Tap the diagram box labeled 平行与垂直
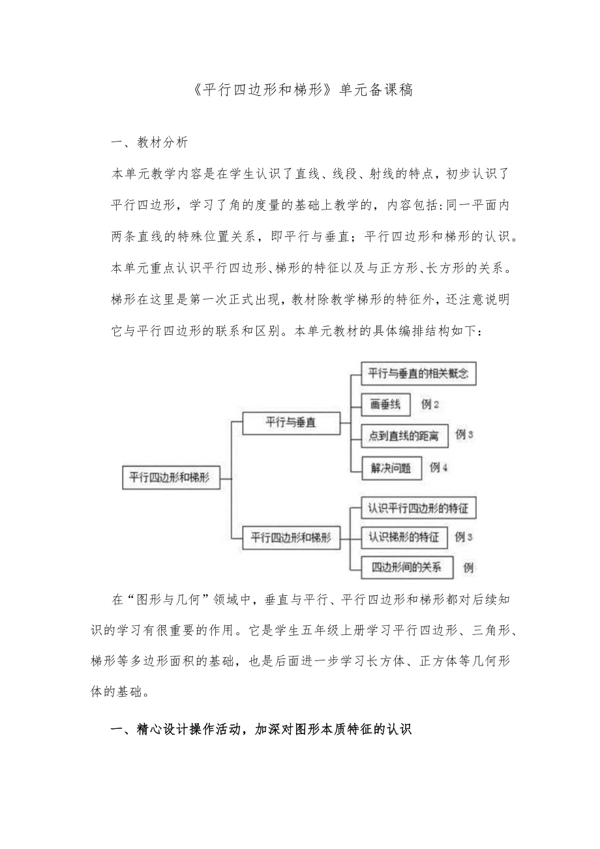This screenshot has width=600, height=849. click(291, 422)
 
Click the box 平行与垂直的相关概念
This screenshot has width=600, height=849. click(419, 374)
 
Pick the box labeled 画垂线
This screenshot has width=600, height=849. click(385, 405)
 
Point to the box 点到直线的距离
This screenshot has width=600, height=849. click(404, 436)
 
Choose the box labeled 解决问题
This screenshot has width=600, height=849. click(391, 468)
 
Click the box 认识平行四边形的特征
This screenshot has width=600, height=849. click(418, 507)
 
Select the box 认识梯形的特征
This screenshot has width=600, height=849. click(404, 538)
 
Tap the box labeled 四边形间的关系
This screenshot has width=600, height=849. click(406, 568)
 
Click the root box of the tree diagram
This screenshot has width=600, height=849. click(170, 477)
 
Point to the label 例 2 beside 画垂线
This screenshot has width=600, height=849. click(430, 405)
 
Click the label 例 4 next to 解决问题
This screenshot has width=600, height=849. click(439, 467)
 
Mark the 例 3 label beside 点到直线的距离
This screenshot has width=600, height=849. click(464, 435)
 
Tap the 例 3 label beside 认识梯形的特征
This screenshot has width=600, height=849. click(464, 537)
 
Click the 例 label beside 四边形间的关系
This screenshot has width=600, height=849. click(468, 568)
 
